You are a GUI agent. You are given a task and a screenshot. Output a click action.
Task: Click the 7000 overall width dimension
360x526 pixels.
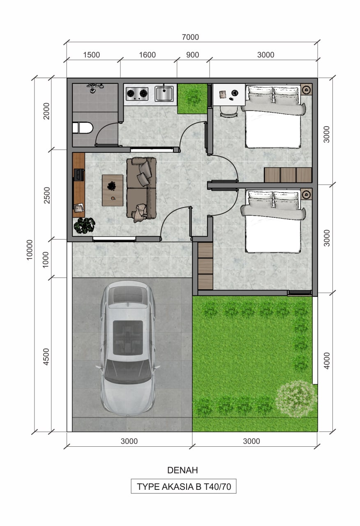[190, 37]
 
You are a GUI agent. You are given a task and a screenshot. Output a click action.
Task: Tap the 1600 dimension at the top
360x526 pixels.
[147, 55]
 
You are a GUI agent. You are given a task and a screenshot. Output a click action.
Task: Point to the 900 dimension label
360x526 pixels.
[193, 55]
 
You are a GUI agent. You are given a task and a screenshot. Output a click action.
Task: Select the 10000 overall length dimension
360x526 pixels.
[30, 249]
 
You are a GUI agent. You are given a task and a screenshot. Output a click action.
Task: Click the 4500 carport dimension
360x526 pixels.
[46, 357]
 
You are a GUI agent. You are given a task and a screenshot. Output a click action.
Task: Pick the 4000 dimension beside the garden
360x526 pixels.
[327, 361]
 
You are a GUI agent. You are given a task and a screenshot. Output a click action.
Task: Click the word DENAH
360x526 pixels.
[183, 470]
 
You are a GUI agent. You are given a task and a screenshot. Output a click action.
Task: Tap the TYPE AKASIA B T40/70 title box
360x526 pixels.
[184, 487]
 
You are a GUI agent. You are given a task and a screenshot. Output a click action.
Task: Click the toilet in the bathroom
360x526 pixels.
[83, 127]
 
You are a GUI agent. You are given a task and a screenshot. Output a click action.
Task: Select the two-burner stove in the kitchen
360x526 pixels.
[137, 94]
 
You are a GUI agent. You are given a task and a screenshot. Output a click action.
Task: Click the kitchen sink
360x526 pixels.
[164, 94]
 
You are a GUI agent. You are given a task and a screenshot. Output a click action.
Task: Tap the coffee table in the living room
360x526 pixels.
[113, 190]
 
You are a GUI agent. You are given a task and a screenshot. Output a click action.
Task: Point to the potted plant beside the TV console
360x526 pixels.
[84, 226]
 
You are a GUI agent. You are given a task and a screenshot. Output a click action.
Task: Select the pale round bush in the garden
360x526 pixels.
[296, 399]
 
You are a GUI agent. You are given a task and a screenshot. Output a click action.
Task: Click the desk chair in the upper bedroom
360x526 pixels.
[229, 111]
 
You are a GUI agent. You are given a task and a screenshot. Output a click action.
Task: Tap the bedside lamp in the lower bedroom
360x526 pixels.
[306, 194]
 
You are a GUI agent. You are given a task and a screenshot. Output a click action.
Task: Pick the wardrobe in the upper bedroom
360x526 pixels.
[288, 175]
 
